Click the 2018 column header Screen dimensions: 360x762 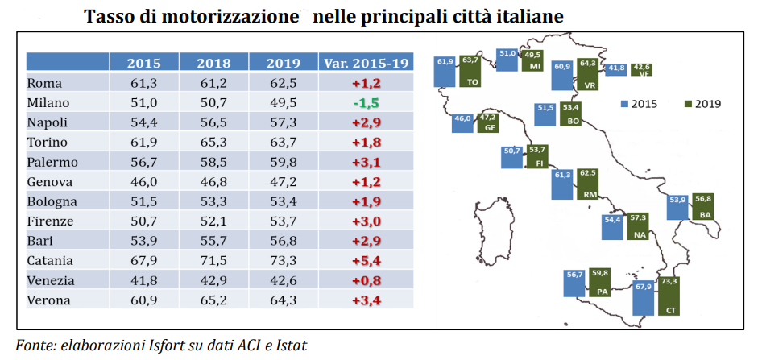coord(213,63)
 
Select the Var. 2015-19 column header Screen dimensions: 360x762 coord(365,63)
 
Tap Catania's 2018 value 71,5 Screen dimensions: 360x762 coord(213,260)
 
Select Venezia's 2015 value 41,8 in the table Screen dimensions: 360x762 coord(143,280)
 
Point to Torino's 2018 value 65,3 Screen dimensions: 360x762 coord(213,142)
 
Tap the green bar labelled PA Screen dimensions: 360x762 coord(599,283)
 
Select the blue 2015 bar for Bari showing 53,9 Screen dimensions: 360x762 coord(677,206)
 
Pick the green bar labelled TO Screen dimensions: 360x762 coord(470,71)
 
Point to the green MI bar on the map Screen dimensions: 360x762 coord(532,61)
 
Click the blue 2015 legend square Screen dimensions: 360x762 coord(623,103)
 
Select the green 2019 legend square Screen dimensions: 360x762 coord(688,103)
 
